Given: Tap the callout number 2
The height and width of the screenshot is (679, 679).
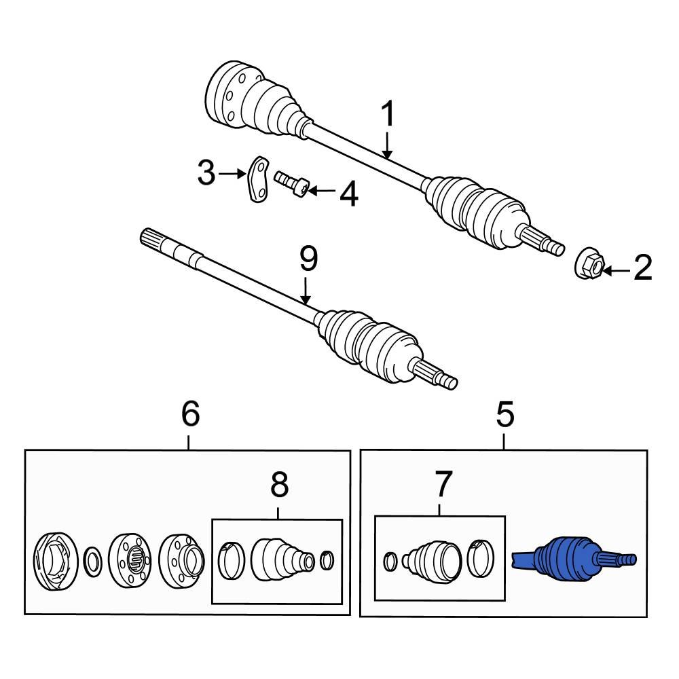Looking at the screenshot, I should (x=642, y=268).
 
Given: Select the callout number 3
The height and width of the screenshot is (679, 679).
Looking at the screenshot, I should (x=206, y=174).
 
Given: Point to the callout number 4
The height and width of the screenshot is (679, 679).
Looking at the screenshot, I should (x=348, y=194).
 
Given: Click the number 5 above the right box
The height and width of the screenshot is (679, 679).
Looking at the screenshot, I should (x=504, y=414).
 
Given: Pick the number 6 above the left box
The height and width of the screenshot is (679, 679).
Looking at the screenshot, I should (x=189, y=414).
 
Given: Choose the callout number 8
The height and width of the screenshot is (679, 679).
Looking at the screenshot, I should (x=279, y=485).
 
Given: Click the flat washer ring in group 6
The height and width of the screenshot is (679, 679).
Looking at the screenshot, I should (x=92, y=561).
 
